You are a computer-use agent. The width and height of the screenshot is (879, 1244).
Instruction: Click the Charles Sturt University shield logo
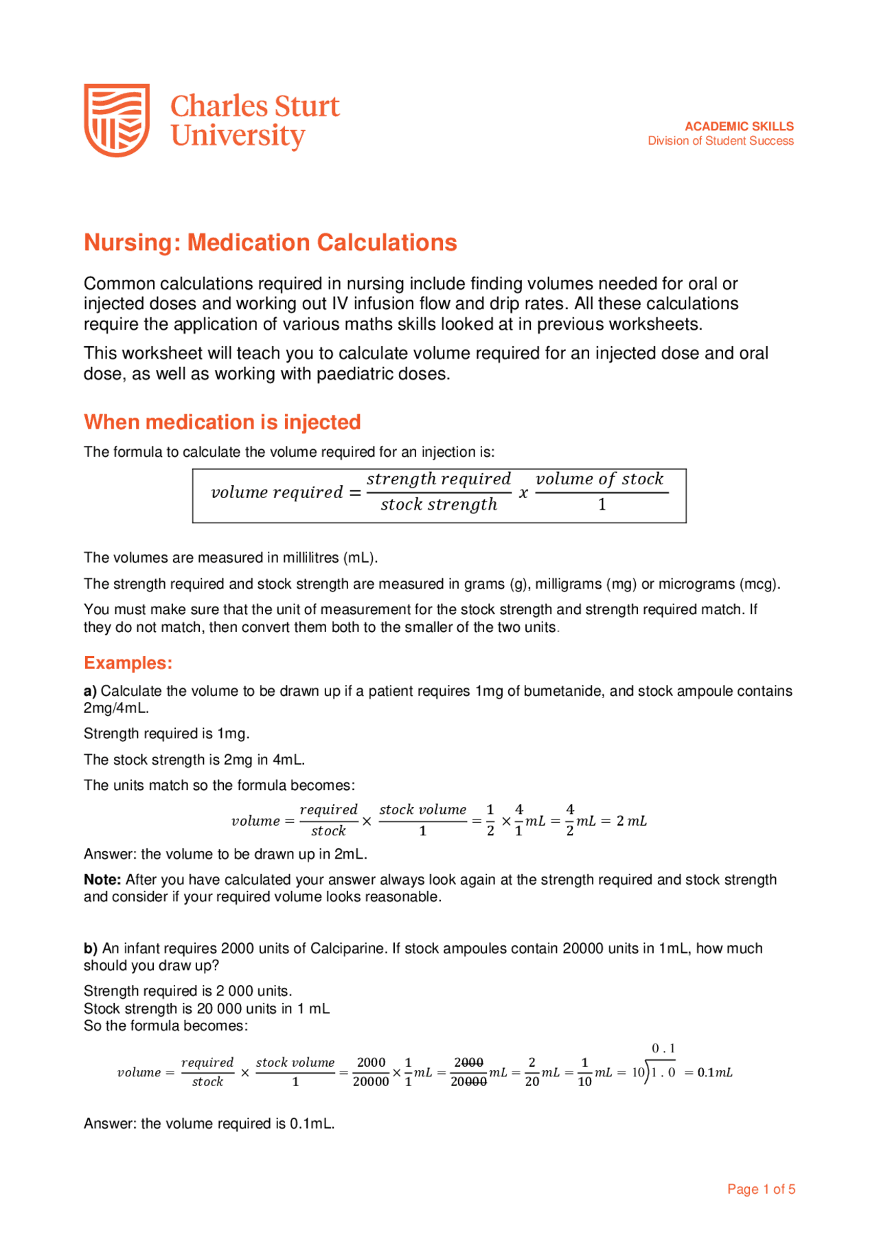(x=117, y=120)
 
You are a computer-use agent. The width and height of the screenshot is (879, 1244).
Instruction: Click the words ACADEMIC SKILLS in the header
(x=739, y=126)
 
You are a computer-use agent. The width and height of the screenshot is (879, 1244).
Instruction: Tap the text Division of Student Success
(x=720, y=141)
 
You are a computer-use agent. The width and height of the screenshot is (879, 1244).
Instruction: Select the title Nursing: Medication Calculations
(x=270, y=242)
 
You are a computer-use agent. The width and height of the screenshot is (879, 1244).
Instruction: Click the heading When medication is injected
(x=222, y=422)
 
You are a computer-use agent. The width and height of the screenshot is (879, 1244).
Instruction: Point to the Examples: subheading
(x=128, y=663)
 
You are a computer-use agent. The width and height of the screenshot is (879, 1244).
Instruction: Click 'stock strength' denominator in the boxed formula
(x=439, y=505)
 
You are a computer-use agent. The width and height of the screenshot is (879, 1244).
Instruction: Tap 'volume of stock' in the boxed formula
(x=600, y=479)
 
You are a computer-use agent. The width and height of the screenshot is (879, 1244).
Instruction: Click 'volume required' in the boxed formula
(x=277, y=493)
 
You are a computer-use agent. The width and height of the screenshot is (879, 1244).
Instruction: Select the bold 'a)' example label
(x=90, y=691)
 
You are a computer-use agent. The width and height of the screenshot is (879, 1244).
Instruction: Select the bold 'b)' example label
(x=91, y=949)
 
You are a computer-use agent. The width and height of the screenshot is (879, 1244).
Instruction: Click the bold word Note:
(x=102, y=880)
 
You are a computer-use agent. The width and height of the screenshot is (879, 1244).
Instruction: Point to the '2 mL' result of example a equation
(x=631, y=821)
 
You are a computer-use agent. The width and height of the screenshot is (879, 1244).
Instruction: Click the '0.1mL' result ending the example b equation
(x=714, y=1072)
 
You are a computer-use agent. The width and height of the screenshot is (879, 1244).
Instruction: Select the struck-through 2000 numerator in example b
(x=468, y=1063)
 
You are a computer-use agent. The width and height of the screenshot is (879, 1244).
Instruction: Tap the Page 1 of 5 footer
(x=761, y=1189)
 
